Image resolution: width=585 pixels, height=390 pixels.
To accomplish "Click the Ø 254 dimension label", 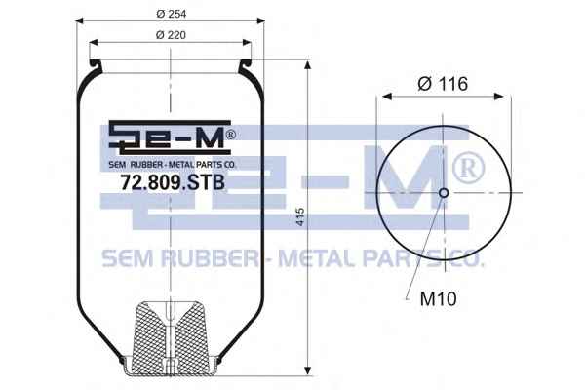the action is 172,15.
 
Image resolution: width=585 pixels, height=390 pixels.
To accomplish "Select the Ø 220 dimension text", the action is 171,35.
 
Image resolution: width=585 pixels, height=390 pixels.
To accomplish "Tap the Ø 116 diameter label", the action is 443,84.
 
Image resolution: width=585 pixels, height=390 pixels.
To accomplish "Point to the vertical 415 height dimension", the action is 300,216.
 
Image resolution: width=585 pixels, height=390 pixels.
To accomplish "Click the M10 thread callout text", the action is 438,298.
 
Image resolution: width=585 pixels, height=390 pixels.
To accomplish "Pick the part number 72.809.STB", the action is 173,183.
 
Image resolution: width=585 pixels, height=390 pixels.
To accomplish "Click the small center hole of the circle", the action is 444,193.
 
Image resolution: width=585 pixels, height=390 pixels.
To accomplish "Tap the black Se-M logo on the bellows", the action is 170,137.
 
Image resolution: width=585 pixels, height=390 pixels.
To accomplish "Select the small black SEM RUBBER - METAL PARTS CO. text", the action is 173,164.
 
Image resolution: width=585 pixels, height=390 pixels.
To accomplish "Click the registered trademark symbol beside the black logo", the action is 231,135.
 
